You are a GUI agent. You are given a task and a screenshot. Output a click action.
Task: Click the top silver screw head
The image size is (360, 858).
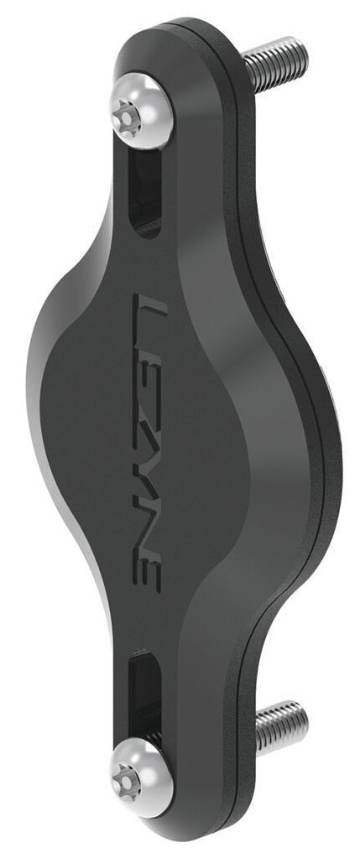pyautogui.click(x=142, y=112)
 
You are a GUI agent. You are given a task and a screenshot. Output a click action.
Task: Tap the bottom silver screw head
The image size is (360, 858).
pyautogui.click(x=142, y=777)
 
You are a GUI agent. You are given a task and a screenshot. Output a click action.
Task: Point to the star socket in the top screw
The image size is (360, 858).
pyautogui.click(x=127, y=118)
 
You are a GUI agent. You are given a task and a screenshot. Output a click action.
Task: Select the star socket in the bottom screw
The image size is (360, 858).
pyautogui.click(x=126, y=783)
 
